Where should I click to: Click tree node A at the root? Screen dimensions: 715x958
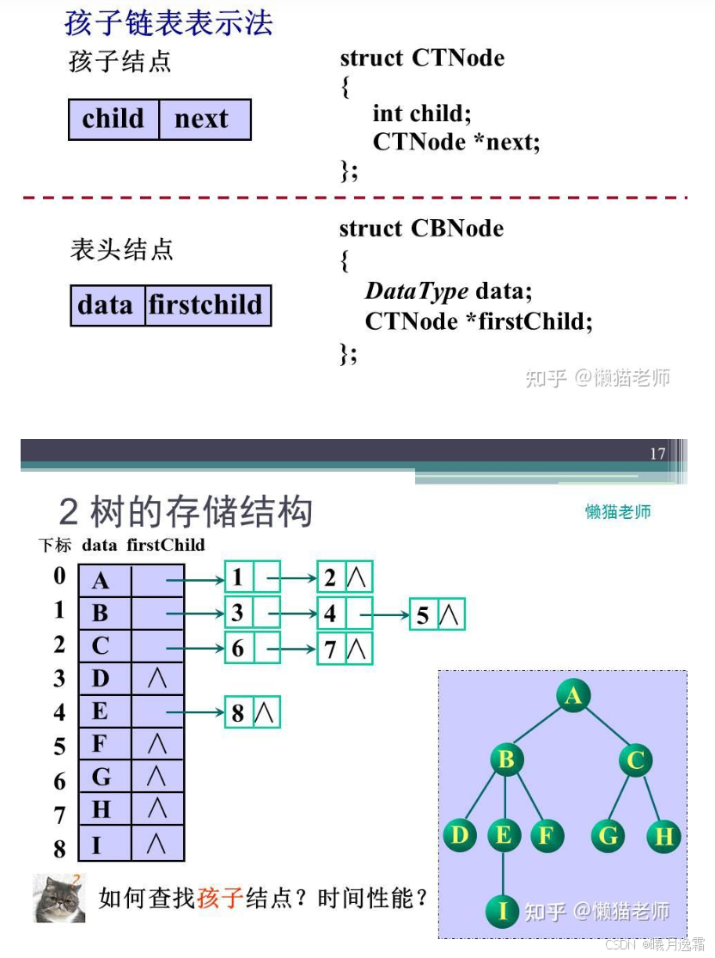point(573,695)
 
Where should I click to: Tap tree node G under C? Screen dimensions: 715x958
point(608,835)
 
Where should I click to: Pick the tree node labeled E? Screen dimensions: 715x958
point(504,835)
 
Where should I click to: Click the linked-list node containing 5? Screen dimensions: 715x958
point(437,614)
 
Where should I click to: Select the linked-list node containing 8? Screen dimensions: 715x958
point(252,712)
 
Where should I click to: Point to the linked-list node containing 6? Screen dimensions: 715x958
point(252,648)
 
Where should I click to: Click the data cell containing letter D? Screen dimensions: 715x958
point(104,679)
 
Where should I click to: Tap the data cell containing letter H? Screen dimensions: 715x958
point(104,809)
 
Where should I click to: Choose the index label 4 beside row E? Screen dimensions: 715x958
point(59,712)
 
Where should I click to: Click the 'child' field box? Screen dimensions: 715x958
point(113,119)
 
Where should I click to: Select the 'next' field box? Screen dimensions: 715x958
point(204,119)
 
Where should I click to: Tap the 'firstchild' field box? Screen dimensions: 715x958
point(207,305)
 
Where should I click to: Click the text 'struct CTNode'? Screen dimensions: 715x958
point(422,58)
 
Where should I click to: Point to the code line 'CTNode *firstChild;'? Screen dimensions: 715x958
point(479,321)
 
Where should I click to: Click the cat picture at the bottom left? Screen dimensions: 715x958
point(59,898)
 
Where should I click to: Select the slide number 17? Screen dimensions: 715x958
point(657,454)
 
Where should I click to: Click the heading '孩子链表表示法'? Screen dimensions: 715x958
point(169,22)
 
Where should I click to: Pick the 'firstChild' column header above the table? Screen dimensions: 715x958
point(166,545)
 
